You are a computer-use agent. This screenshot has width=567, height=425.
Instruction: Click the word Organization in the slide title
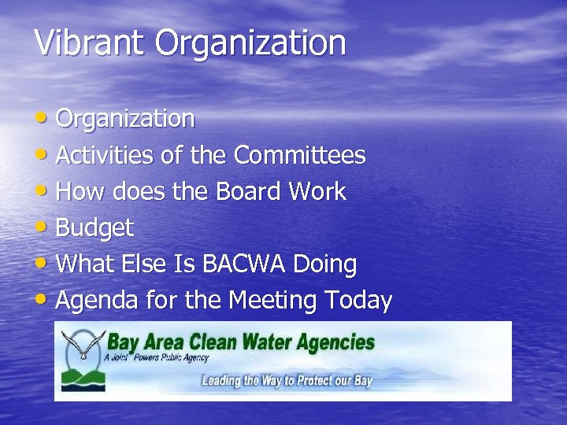[x=250, y=44]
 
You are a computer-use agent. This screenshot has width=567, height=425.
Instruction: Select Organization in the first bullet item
[x=126, y=120]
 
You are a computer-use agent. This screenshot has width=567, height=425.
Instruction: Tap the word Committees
[x=300, y=156]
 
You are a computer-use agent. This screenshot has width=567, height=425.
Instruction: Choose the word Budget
[x=95, y=229]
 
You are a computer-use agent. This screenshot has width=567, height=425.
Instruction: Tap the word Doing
[x=324, y=264]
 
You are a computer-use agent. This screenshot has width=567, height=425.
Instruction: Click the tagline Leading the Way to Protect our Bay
[x=287, y=381]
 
